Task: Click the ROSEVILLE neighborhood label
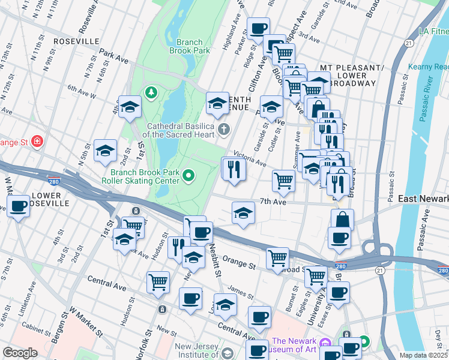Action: [76, 41]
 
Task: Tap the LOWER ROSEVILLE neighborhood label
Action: [38, 200]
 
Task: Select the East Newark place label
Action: [423, 199]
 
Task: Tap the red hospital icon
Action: [38, 141]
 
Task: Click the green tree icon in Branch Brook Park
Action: [149, 92]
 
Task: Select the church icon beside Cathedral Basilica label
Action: [224, 129]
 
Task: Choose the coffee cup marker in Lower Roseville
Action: [18, 206]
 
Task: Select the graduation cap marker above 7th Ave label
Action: [243, 213]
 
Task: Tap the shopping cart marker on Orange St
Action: [277, 259]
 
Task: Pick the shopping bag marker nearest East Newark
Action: [342, 220]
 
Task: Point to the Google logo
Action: [20, 353]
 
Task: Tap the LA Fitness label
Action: [433, 30]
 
